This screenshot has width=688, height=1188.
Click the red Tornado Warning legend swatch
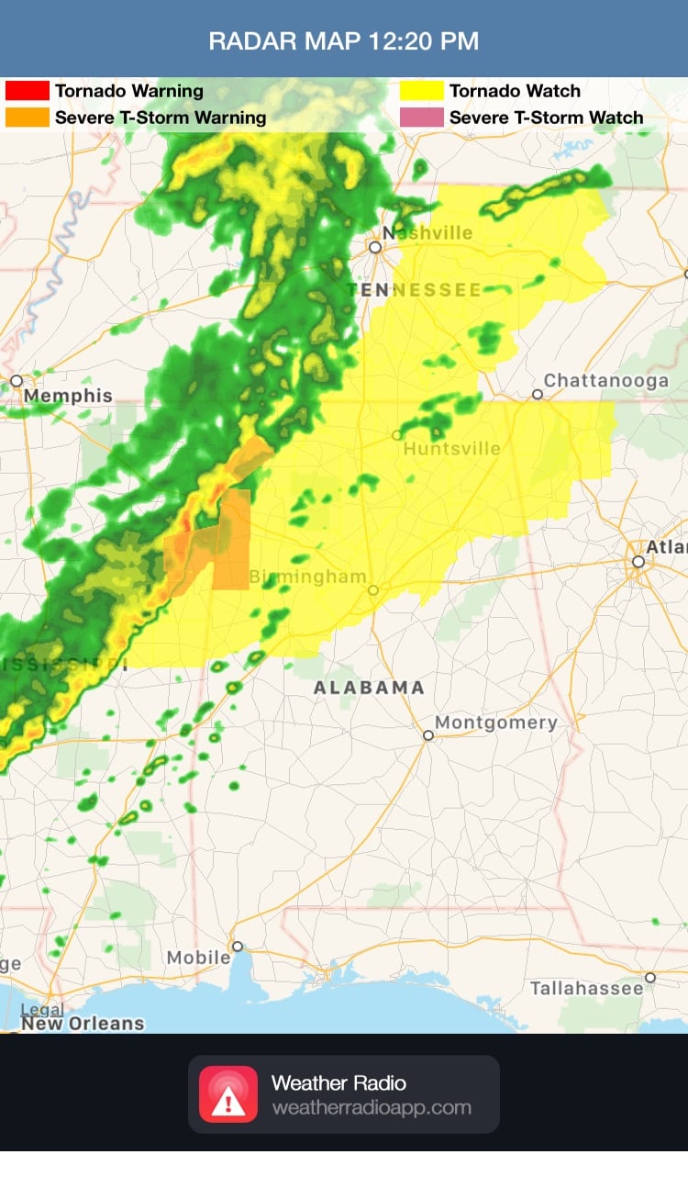tap(28, 91)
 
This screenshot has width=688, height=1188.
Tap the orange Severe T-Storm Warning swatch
tap(28, 118)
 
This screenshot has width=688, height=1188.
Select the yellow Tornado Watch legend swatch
tap(422, 91)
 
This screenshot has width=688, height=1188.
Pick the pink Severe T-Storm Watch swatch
tap(422, 118)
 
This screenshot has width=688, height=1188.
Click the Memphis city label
tap(69, 397)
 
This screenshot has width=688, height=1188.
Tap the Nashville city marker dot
tap(374, 247)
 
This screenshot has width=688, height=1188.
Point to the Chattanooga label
tap(606, 380)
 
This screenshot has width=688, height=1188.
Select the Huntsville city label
tap(452, 449)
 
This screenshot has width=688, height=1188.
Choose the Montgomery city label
tap(496, 723)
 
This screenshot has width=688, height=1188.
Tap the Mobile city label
tap(198, 958)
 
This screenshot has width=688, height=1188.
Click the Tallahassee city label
tap(587, 989)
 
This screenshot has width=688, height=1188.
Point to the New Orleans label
tap(83, 1023)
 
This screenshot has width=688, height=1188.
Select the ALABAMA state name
tap(369, 688)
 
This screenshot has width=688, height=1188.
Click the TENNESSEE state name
tap(414, 290)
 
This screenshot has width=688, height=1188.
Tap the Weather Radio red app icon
tap(228, 1094)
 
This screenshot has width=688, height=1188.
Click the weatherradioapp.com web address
tap(372, 1107)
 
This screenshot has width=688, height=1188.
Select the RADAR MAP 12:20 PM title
tap(344, 41)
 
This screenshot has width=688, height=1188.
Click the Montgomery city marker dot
tap(428, 734)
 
